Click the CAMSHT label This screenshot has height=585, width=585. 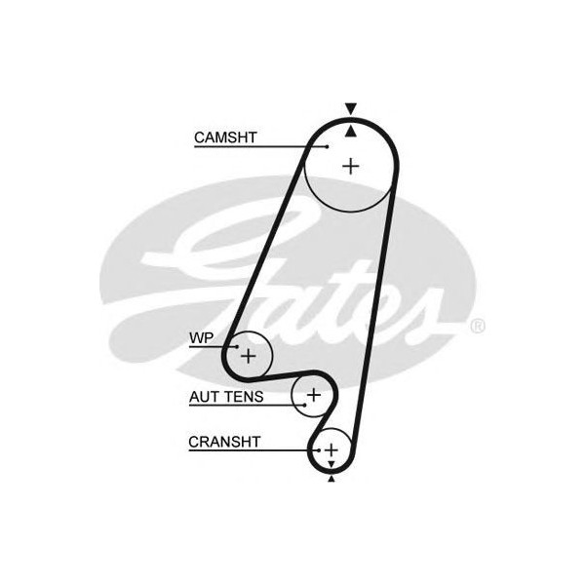click(225, 137)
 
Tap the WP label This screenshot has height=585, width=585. click(201, 338)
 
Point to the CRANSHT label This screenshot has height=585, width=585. click(224, 442)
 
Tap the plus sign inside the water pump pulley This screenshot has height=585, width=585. click(248, 355)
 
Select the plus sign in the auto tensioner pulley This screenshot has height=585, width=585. click(313, 394)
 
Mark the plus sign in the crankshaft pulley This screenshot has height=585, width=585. click(331, 449)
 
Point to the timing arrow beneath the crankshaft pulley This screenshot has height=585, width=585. click(331, 478)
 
